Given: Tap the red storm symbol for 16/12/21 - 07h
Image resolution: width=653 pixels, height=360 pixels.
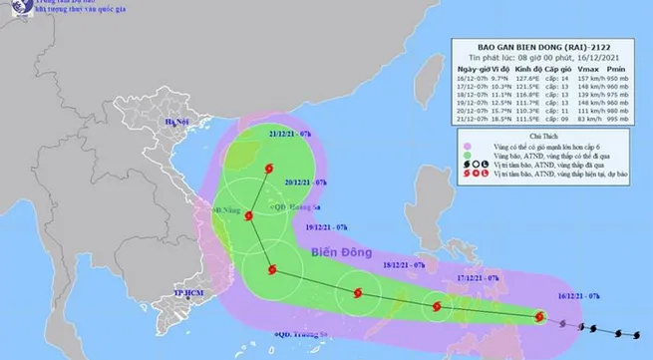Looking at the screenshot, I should pyautogui.click(x=539, y=318).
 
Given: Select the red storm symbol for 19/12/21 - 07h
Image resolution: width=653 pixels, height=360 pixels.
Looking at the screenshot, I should pyautogui.click(x=269, y=268).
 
